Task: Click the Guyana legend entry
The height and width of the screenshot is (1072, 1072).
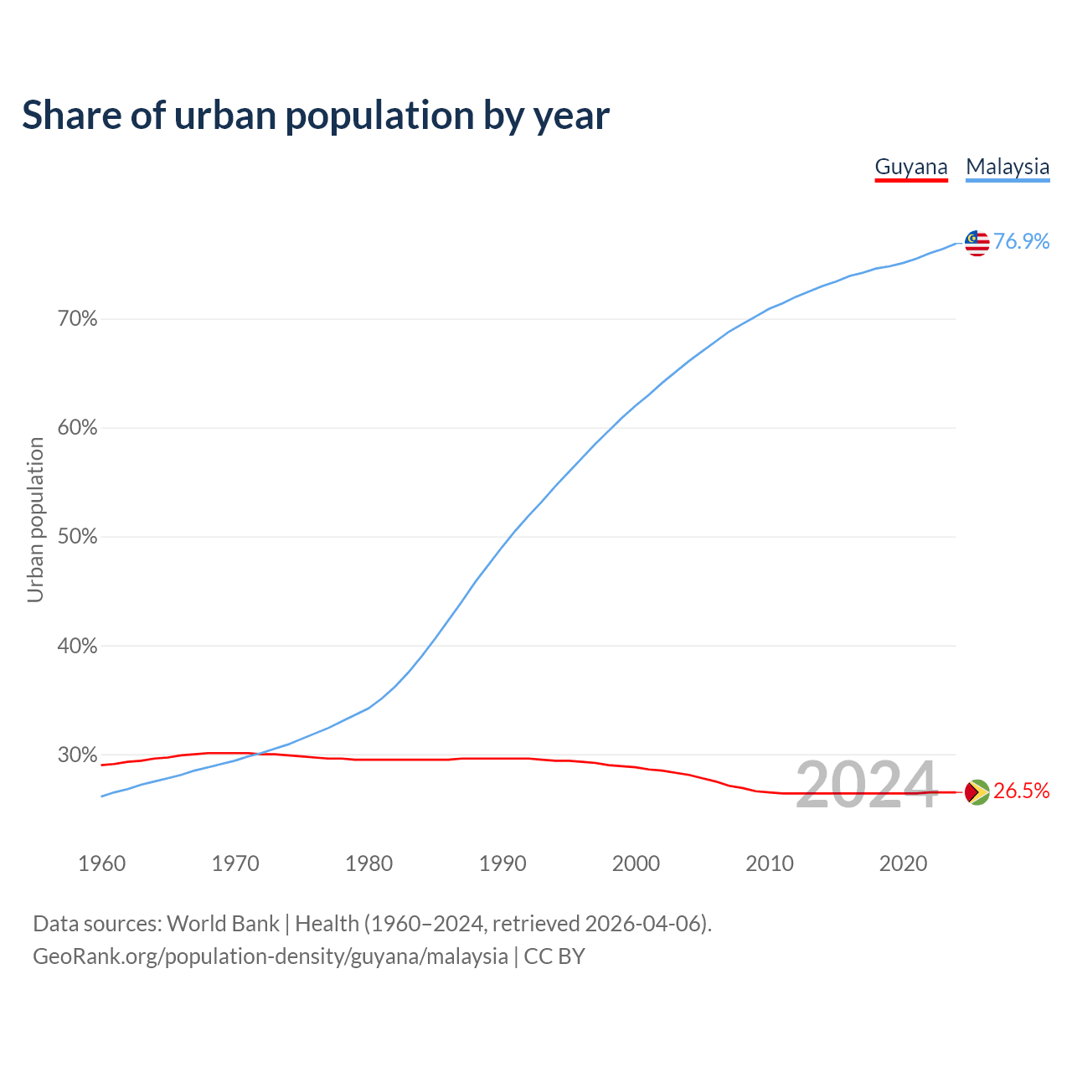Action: click(x=911, y=167)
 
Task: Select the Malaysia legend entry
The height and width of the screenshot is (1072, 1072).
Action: click(x=1008, y=167)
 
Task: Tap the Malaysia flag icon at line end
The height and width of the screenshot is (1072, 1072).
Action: click(x=977, y=243)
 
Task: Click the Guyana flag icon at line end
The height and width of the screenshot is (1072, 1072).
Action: click(x=977, y=791)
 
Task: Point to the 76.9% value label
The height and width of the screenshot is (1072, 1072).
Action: click(x=1022, y=242)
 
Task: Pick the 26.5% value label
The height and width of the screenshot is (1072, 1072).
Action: click(x=1022, y=791)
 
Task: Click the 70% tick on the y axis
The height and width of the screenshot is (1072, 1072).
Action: click(x=78, y=319)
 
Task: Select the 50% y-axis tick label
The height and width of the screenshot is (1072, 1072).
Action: click(x=78, y=537)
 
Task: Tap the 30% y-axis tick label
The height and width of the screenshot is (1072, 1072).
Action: click(x=78, y=755)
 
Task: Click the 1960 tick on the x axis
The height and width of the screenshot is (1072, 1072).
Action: click(x=101, y=863)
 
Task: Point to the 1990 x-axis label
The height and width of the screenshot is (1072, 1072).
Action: click(x=502, y=863)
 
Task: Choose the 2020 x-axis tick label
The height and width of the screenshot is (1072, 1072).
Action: click(x=903, y=863)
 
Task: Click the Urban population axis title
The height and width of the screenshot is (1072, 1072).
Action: click(x=35, y=519)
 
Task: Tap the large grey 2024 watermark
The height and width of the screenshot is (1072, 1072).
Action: click(x=866, y=786)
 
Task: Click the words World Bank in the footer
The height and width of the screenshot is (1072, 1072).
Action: click(x=223, y=924)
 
